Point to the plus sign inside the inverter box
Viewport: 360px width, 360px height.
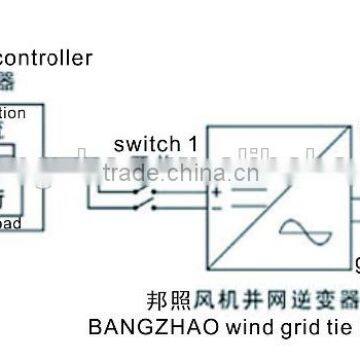[215, 188]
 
